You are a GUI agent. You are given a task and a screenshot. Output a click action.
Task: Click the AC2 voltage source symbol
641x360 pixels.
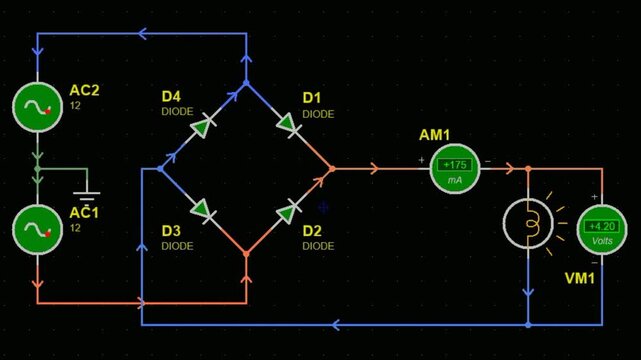click(38, 105)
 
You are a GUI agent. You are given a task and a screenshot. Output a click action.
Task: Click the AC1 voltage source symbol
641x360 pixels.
click(38, 230)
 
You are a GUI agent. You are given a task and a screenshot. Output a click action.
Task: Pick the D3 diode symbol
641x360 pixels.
click(204, 210)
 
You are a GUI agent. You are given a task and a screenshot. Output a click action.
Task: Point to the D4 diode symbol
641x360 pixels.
click(204, 127)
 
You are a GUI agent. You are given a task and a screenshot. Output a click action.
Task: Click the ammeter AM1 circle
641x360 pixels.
click(455, 170)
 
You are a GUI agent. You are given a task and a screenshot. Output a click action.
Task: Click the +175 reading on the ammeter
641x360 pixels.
click(455, 165)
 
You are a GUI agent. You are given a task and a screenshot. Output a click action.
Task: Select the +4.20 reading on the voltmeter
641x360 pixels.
click(603, 226)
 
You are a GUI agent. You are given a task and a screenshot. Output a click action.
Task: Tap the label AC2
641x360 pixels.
click(84, 91)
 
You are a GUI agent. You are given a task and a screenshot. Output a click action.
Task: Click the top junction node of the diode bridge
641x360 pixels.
click(246, 84)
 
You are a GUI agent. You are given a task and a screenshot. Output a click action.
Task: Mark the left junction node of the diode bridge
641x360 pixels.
click(161, 169)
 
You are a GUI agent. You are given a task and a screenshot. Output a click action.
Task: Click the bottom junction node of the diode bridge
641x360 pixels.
click(246, 254)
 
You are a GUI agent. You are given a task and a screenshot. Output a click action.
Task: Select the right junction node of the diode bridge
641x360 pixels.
click(331, 169)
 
